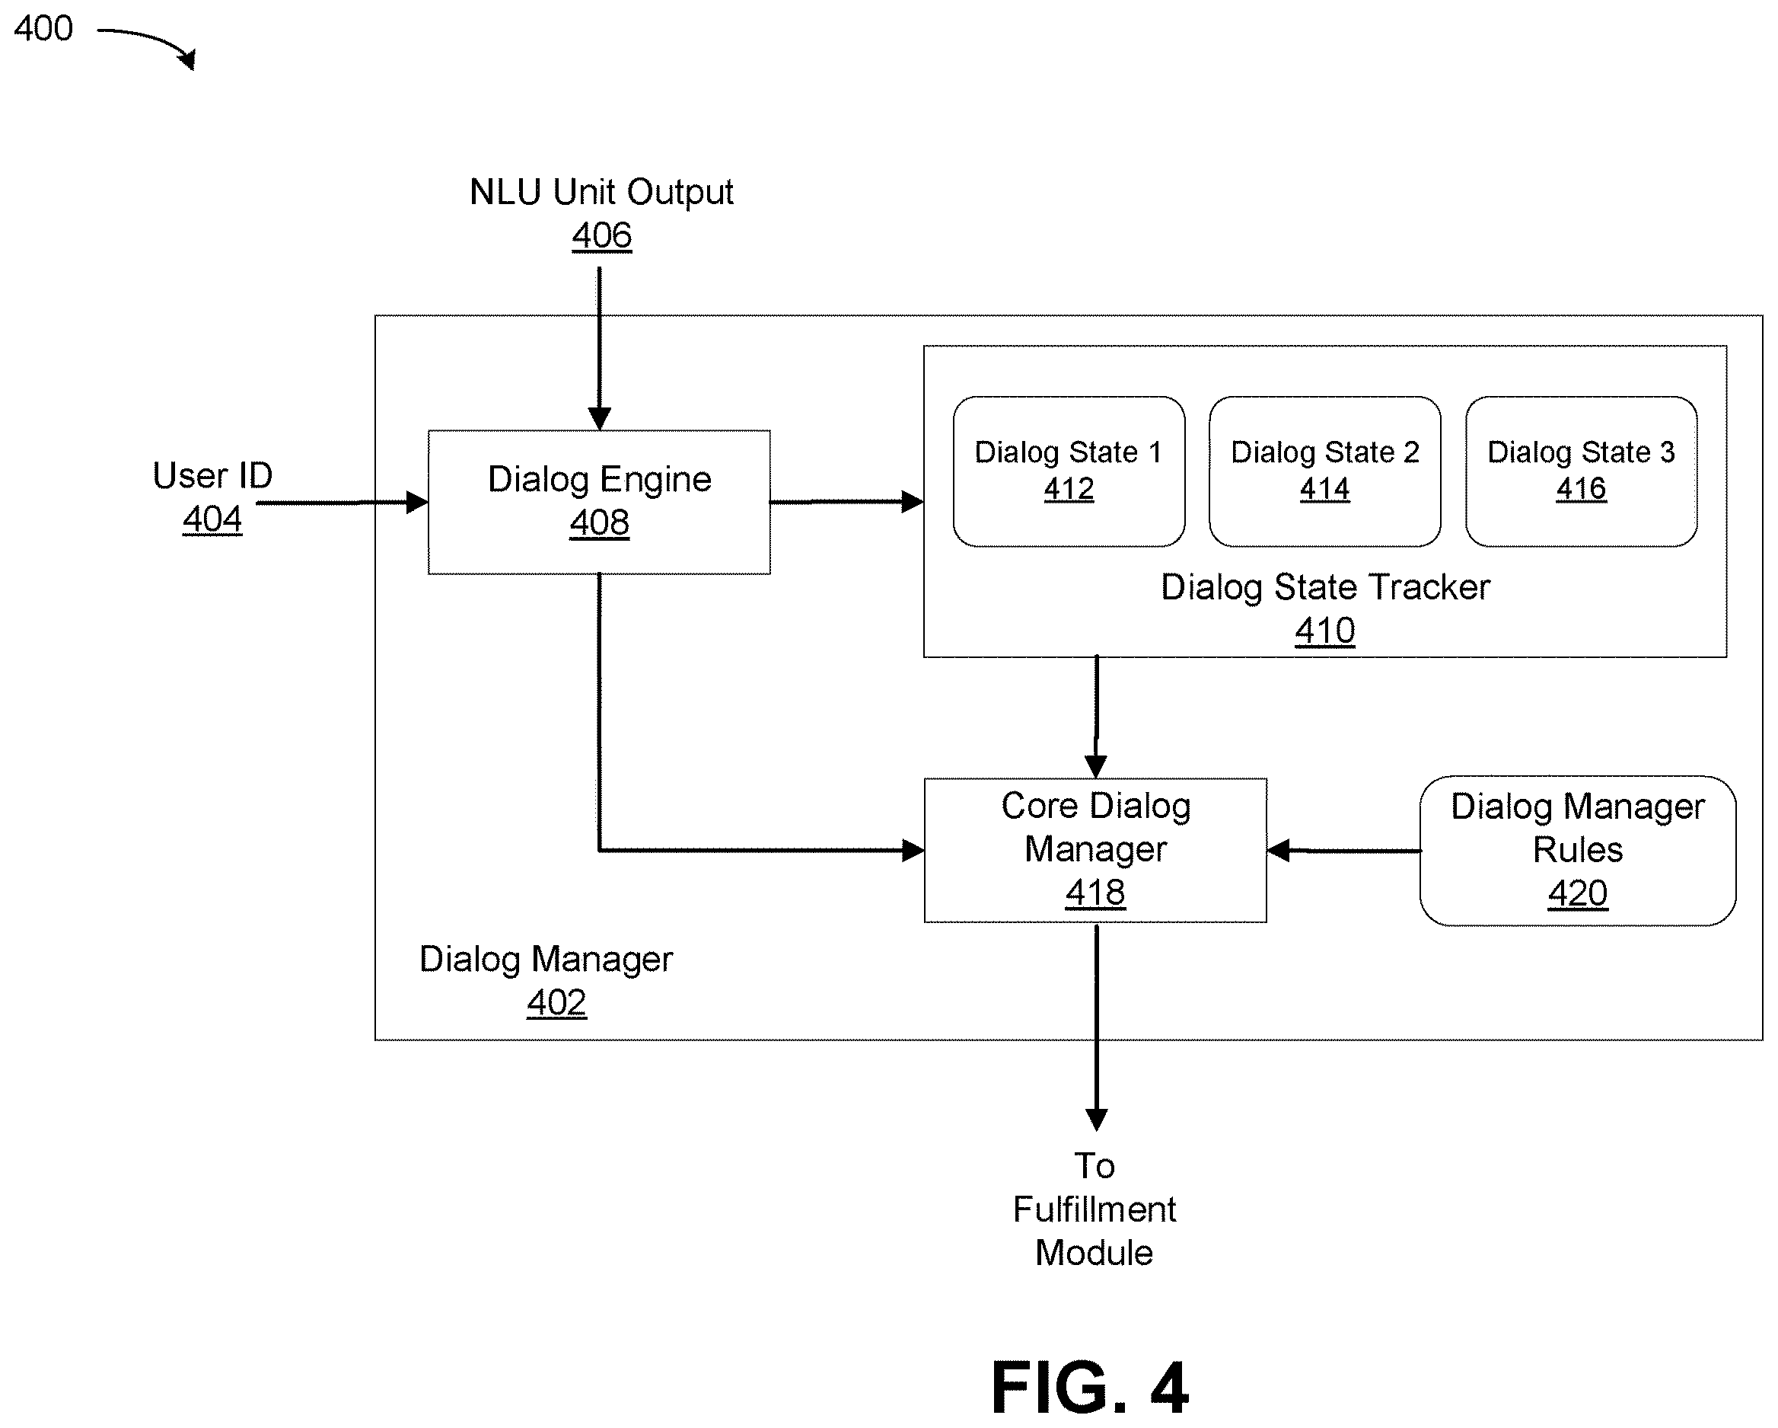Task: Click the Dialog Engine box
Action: tap(599, 502)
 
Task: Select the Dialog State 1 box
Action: tap(1069, 471)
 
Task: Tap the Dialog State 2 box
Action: tap(1324, 471)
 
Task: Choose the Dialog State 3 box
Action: tap(1581, 471)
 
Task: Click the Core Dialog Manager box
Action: tap(1095, 850)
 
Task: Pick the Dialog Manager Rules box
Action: tap(1578, 851)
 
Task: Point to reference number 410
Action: tap(1324, 631)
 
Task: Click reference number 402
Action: tap(556, 1002)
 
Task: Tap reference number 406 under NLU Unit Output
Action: tap(602, 235)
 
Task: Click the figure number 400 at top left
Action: tap(43, 28)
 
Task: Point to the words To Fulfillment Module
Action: tap(1095, 1209)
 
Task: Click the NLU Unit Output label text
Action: tap(601, 191)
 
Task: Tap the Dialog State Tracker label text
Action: tap(1325, 587)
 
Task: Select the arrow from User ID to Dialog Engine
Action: tap(343, 503)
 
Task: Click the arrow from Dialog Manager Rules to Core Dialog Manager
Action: tap(1343, 851)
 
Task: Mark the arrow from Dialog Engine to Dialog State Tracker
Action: tap(847, 502)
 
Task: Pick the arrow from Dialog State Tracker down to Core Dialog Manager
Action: tap(1096, 717)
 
